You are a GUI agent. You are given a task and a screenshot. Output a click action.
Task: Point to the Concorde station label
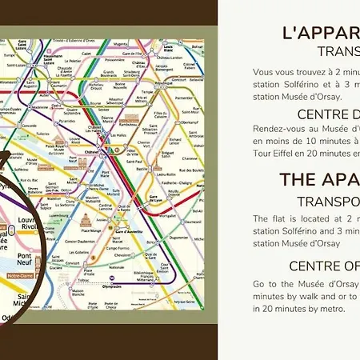tap(29, 126)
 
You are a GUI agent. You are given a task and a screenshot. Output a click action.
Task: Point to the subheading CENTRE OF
tap(324, 266)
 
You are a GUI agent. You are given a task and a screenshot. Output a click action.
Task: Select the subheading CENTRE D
tap(328, 114)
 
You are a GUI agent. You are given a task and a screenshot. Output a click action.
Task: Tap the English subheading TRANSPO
tap(328, 201)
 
